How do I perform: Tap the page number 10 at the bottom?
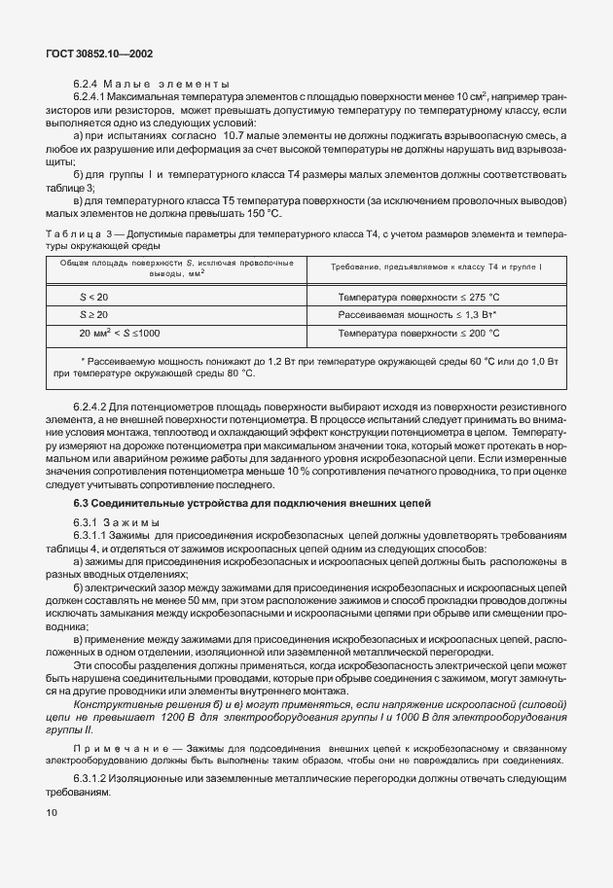pyautogui.click(x=50, y=809)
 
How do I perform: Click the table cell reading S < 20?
pyautogui.click(x=94, y=297)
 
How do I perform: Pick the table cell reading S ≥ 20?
pyautogui.click(x=94, y=315)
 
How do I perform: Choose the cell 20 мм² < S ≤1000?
pyautogui.click(x=120, y=334)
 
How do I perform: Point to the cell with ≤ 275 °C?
pyautogui.click(x=478, y=297)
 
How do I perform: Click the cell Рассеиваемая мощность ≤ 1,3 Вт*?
pyautogui.click(x=417, y=315)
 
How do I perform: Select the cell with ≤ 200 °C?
pyautogui.click(x=478, y=334)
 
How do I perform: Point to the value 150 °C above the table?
pyautogui.click(x=260, y=214)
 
